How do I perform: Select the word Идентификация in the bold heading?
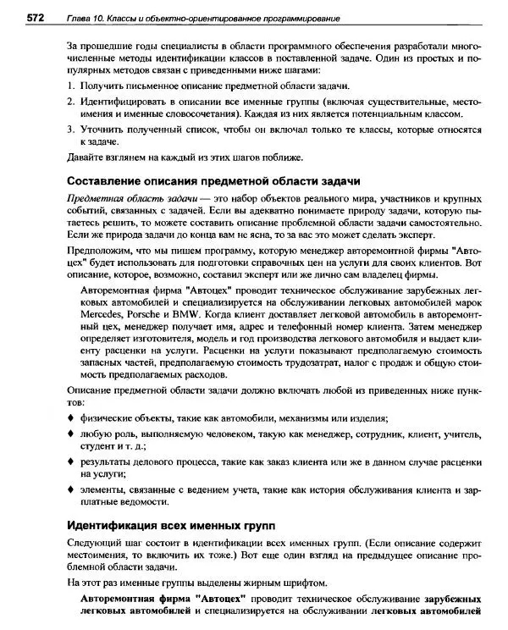(x=111, y=523)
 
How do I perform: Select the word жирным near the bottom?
(x=256, y=583)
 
